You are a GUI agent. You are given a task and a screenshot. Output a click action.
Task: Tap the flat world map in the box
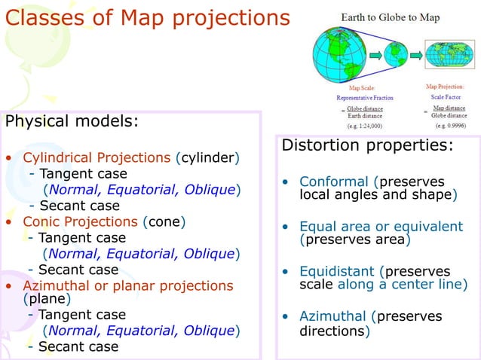[449, 54]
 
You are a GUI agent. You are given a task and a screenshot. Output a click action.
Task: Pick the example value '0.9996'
[449, 126]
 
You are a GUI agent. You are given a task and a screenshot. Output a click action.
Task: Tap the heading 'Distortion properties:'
[367, 145]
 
